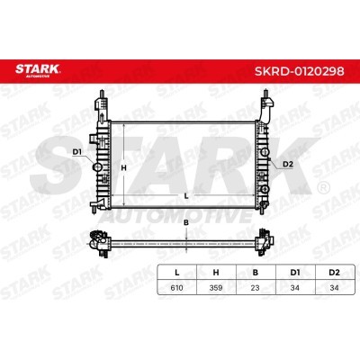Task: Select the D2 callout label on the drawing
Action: pyautogui.click(x=288, y=164)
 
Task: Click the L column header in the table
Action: pyautogui.click(x=176, y=271)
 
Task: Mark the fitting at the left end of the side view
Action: pyautogui.click(x=94, y=240)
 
